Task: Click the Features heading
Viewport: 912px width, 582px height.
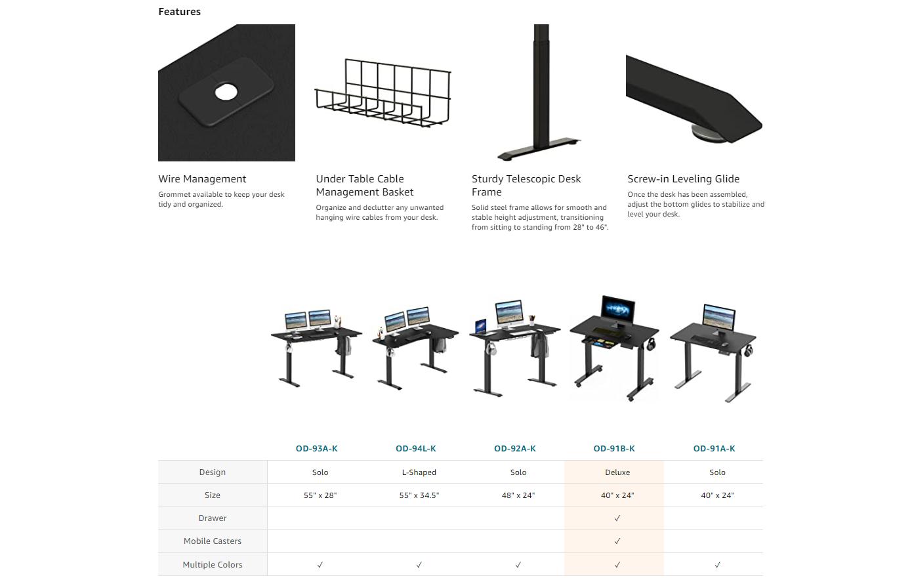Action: [179, 12]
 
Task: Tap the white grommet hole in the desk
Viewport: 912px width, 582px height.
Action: [226, 92]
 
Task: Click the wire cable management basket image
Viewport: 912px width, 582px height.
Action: [383, 93]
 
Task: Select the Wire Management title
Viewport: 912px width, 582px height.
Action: [202, 178]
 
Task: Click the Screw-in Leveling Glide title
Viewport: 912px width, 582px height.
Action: [683, 178]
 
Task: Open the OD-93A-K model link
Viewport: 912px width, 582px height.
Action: [316, 448]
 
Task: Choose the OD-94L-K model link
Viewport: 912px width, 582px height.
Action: [416, 448]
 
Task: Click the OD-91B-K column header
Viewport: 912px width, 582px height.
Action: [614, 448]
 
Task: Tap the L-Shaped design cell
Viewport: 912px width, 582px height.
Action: [419, 472]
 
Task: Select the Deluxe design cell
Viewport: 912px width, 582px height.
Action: [617, 472]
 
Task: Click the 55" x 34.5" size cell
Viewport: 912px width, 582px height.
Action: [419, 495]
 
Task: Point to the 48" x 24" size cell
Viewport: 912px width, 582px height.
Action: [518, 495]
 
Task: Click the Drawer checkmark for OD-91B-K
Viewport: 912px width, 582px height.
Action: [617, 518]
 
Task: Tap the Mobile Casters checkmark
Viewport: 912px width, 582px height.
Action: [617, 541]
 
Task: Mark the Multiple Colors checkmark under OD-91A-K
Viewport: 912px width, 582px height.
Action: [717, 564]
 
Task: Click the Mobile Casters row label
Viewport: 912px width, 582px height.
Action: [212, 541]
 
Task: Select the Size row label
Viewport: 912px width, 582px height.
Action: [212, 495]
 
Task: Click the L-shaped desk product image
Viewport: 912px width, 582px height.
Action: [415, 348]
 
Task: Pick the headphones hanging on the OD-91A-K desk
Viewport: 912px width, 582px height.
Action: [749, 350]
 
